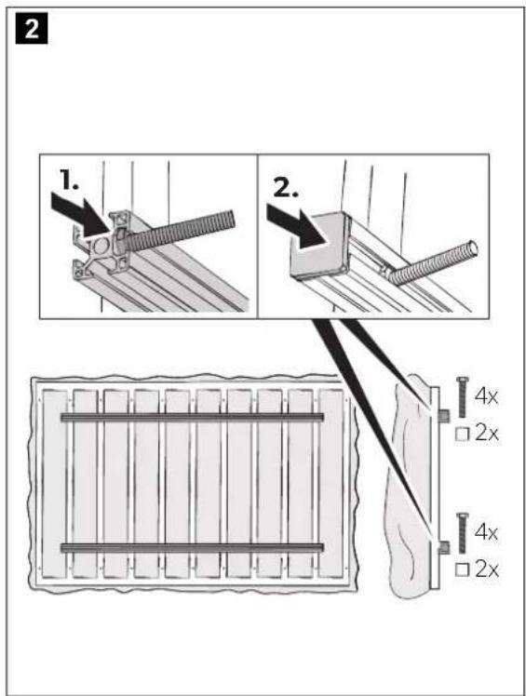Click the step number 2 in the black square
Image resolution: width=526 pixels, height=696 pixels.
tap(32, 29)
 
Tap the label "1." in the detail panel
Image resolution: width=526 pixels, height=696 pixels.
tap(70, 181)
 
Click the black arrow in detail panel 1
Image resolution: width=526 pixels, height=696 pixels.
tap(82, 215)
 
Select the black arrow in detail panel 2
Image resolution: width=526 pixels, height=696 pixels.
tap(297, 227)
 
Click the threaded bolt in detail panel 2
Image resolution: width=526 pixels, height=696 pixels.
tap(432, 262)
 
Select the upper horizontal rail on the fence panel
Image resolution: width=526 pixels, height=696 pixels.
tap(192, 417)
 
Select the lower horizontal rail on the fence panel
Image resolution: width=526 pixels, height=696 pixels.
tap(192, 548)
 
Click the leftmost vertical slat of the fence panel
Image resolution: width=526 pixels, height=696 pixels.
tap(55, 484)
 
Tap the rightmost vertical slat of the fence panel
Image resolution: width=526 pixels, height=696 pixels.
tap(331, 484)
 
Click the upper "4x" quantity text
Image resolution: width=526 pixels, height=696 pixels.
tap(486, 396)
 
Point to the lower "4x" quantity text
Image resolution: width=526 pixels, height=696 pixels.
tap(486, 531)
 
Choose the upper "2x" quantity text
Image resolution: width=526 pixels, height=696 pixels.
tap(487, 434)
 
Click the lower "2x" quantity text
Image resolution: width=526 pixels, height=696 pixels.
tap(487, 569)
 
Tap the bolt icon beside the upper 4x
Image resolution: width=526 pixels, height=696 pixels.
tap(462, 396)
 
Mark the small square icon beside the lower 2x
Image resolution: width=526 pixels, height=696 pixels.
tap(462, 569)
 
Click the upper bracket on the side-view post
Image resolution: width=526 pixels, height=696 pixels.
tap(443, 416)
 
